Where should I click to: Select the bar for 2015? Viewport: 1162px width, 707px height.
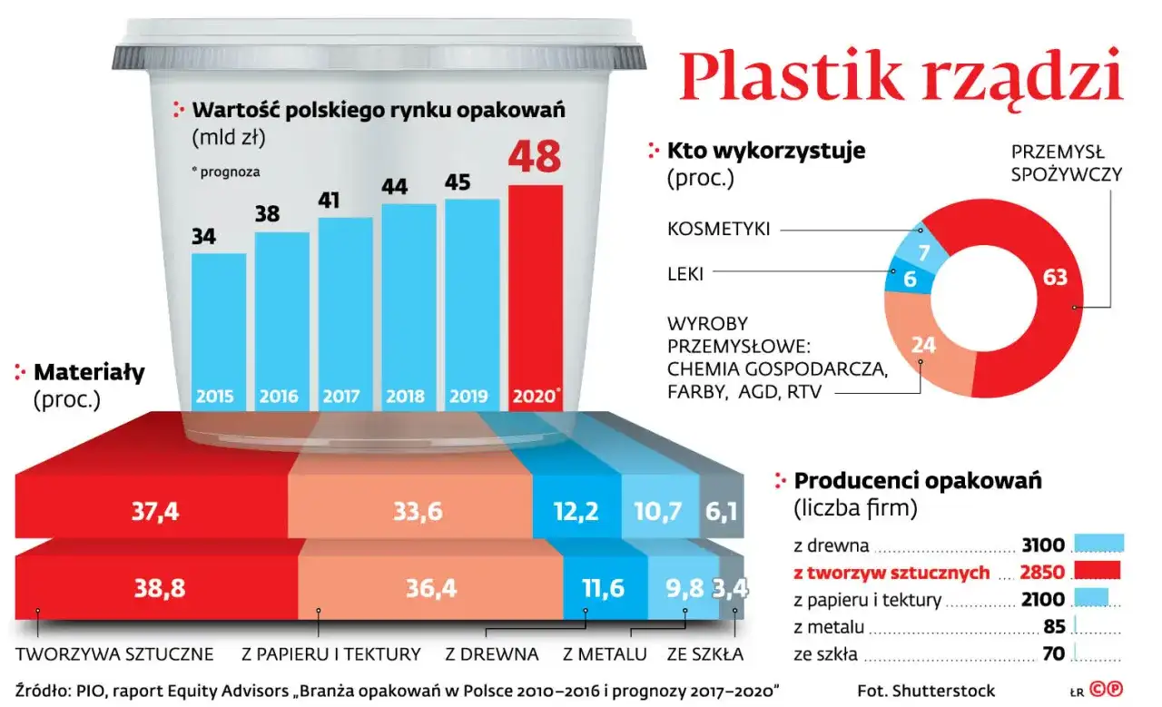point(218,327)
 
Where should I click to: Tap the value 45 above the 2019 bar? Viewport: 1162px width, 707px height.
point(458,182)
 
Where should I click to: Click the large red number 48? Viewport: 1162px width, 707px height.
point(535,157)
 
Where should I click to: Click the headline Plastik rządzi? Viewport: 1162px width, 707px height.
point(901,76)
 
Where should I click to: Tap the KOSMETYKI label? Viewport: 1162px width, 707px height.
point(718,230)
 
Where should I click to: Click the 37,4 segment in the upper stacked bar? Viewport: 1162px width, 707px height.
point(154,512)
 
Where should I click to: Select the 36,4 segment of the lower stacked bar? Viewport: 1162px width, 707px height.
point(430,588)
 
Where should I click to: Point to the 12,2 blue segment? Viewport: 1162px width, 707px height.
point(576,512)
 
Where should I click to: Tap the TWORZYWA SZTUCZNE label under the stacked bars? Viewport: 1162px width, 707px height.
point(114,653)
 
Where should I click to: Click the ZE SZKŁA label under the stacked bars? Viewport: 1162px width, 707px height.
point(705,653)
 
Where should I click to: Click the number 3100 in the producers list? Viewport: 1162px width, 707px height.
point(1042,545)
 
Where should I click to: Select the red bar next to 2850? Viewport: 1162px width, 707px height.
point(1098,571)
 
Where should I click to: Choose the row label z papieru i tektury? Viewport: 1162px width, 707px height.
point(866,600)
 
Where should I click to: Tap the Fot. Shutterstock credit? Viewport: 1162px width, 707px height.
point(926,691)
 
